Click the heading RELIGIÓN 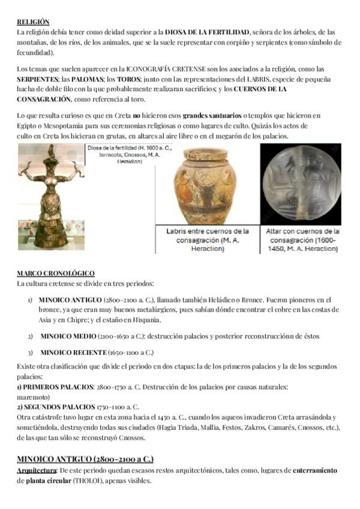[33, 22]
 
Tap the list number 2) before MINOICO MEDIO [30, 337]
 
